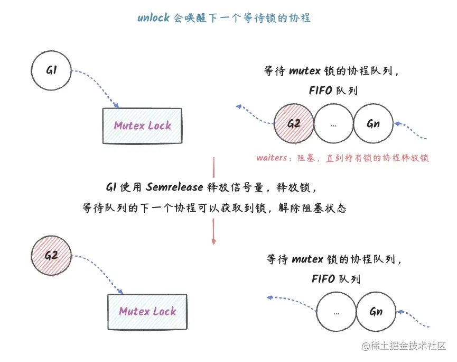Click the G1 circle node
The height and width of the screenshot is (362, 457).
pyautogui.click(x=51, y=70)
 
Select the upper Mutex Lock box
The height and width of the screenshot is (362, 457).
pyautogui.click(x=143, y=125)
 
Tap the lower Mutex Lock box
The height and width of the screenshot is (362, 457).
pyautogui.click(x=147, y=311)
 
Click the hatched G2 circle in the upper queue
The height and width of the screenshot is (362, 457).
pyautogui.click(x=294, y=124)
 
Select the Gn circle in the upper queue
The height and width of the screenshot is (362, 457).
pyautogui.click(x=372, y=124)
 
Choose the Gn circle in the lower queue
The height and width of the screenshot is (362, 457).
pyautogui.click(x=376, y=312)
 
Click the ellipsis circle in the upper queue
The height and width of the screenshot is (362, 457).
pyautogui.click(x=333, y=124)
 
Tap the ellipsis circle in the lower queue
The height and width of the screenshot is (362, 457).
pyautogui.click(x=336, y=312)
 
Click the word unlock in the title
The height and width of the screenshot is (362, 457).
pyautogui.click(x=153, y=18)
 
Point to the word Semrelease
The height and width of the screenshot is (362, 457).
pyautogui.click(x=174, y=187)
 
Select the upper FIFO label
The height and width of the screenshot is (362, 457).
pyautogui.click(x=321, y=91)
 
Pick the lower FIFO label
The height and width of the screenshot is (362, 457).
pyautogui.click(x=323, y=278)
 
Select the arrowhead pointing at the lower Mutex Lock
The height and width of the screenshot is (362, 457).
pyautogui.click(x=121, y=292)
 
